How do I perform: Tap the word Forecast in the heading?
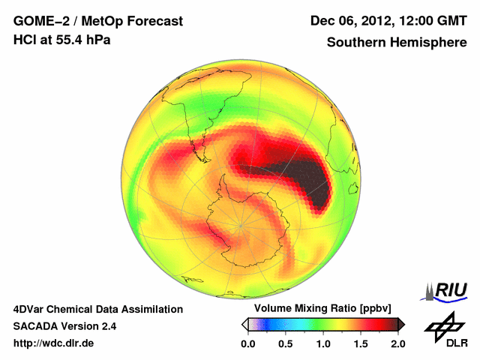point(154,21)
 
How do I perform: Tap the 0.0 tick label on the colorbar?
point(248,343)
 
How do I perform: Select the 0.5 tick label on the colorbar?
point(286,343)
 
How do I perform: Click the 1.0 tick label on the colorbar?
point(323,343)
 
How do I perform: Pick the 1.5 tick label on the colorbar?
point(361,343)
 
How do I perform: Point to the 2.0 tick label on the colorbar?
point(397,343)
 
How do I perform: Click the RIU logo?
point(448,290)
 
